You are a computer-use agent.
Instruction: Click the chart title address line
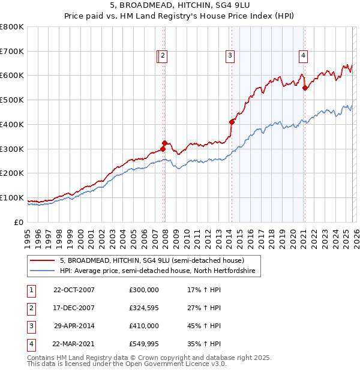[180, 6]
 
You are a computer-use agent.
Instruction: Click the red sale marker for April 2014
[232, 122]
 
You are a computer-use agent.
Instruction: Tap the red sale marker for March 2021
[305, 88]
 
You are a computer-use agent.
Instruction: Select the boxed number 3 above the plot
[230, 56]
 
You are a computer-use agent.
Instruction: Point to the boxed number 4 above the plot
[303, 56]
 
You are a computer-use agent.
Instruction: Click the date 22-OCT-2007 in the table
[74, 290]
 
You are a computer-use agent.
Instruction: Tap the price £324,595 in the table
[144, 308]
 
